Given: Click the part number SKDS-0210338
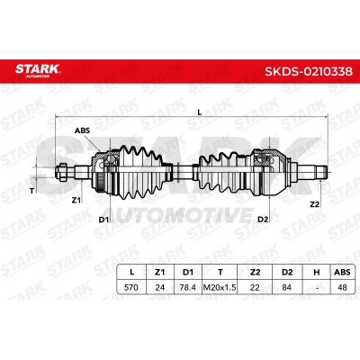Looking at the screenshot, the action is coord(309,71).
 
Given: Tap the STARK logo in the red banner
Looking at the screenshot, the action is coord(38,70).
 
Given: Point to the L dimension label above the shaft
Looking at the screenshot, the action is coord(200,112).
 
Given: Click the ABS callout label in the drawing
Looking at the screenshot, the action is coord(82,130).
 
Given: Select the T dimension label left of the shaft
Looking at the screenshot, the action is coord(31,191).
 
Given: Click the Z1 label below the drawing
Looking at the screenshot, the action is coord(76,201).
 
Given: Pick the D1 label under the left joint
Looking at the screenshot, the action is coord(103,220).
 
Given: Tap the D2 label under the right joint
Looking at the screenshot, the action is coord(263,220).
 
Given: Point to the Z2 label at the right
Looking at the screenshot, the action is coord(314,204).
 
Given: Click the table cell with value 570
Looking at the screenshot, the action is coord(131,287).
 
